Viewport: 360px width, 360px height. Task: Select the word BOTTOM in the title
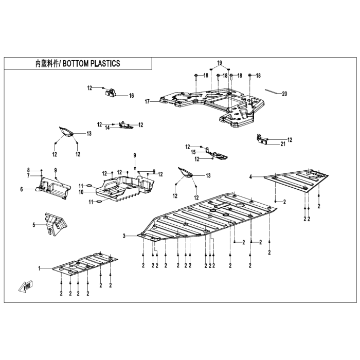click(x=75, y=64)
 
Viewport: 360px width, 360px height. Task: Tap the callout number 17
click(x=147, y=101)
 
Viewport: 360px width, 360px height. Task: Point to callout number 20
click(x=284, y=94)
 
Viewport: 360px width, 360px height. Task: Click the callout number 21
click(x=283, y=144)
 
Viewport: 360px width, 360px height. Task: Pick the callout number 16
click(x=131, y=96)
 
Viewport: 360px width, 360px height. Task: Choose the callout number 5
click(x=34, y=225)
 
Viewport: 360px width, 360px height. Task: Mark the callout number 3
click(x=124, y=236)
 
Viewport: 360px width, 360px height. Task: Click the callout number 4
click(x=251, y=177)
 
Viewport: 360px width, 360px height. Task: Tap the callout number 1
click(x=39, y=268)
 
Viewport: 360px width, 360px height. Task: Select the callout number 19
click(x=220, y=63)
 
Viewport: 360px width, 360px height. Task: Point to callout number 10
click(x=81, y=192)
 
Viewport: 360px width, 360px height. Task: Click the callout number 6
click(x=22, y=189)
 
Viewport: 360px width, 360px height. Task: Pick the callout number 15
click(x=193, y=152)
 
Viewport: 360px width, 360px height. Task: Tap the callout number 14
click(x=107, y=128)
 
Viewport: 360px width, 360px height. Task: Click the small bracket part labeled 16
click(x=111, y=93)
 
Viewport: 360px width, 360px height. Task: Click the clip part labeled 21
click(x=262, y=139)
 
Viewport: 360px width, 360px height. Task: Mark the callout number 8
click(x=28, y=170)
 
